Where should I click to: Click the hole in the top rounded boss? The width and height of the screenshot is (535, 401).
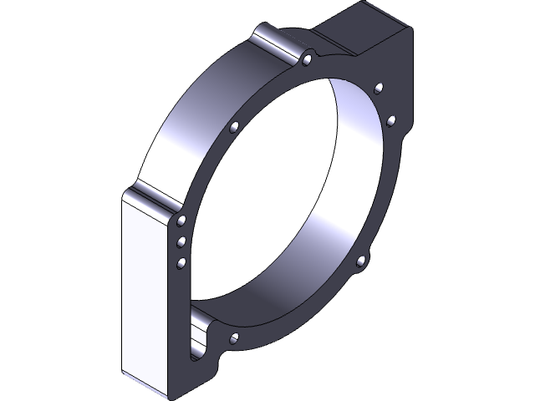(308, 58)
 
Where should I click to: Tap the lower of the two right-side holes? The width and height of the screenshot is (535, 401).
(390, 120)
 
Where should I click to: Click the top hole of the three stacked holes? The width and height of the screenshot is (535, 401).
(181, 221)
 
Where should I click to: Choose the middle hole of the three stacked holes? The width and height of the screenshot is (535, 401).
(181, 242)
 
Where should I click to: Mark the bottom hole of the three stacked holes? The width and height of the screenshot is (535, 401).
(181, 264)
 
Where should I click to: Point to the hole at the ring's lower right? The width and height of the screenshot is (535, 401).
(361, 261)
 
